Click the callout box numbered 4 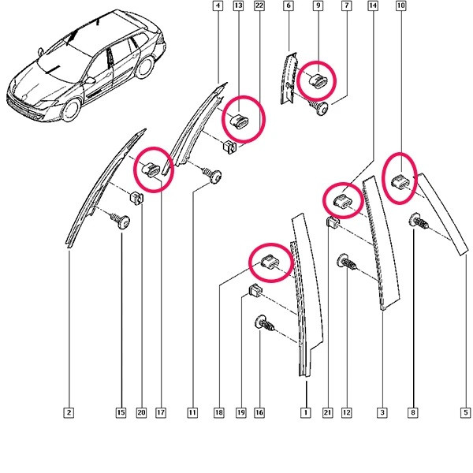coord(218,6)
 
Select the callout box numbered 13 coord(238,6)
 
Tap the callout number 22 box coord(259,6)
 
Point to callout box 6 coord(289,6)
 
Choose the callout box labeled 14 coord(373,6)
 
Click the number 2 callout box coord(69,412)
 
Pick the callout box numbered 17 coord(161,412)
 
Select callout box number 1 coord(306,412)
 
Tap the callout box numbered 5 coord(465,412)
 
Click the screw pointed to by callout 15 coord(121,221)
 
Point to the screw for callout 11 coord(213,176)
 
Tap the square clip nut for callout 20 coord(136,198)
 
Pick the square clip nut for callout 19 coord(255,290)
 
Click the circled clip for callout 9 coord(318,80)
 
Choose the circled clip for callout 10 coord(400,181)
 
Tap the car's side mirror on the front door coord(90,80)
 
